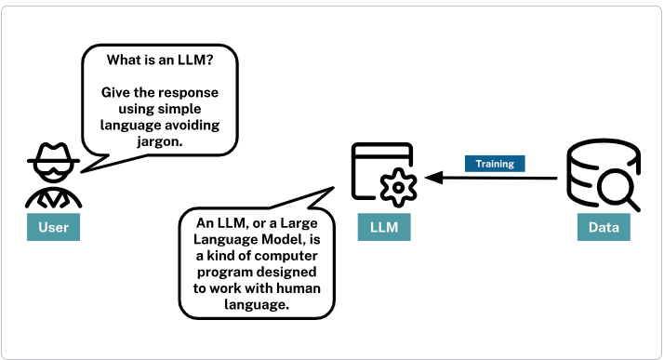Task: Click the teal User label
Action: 53,227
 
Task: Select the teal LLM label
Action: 384,227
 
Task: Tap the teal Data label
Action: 602,227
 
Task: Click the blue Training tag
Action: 495,164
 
